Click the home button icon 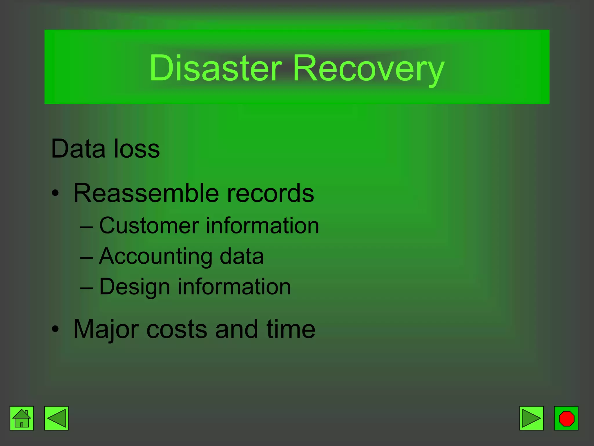click(22, 418)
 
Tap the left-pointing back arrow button click(56, 418)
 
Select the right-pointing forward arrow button click(531, 418)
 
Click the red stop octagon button click(566, 418)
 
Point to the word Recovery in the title click(368, 70)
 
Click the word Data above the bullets click(78, 149)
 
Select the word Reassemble click(146, 193)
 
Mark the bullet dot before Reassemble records click(55, 193)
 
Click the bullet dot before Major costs click(55, 329)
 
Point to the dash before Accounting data click(86, 257)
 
